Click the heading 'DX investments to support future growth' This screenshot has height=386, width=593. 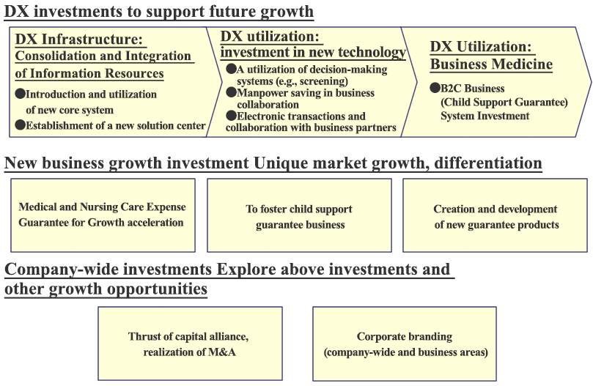coord(159,12)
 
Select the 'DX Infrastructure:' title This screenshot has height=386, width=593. coord(78,40)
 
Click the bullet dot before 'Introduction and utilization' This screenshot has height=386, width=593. coord(20,94)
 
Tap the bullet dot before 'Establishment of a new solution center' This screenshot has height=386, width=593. coord(20,125)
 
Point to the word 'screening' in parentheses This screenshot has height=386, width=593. coord(325,81)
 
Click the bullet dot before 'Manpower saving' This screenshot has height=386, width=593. coord(231,92)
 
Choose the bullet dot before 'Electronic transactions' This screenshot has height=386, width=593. coord(231,115)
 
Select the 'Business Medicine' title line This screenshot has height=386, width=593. coord(491,64)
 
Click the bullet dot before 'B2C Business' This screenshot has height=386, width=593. coord(435,88)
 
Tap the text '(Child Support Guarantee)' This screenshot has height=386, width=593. coord(504,102)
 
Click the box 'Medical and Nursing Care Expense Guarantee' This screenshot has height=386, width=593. coord(103,215)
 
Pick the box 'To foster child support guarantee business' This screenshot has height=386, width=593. coord(299,215)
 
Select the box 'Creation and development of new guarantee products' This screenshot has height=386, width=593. coord(495,215)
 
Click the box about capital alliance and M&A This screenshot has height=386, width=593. coord(191,344)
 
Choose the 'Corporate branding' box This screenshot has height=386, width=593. coord(405,344)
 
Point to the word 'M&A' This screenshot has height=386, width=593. coord(222,352)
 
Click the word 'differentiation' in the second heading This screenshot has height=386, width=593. coord(488,163)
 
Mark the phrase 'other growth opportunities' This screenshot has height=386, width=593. coord(106,289)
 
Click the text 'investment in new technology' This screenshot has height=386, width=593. coord(313,52)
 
